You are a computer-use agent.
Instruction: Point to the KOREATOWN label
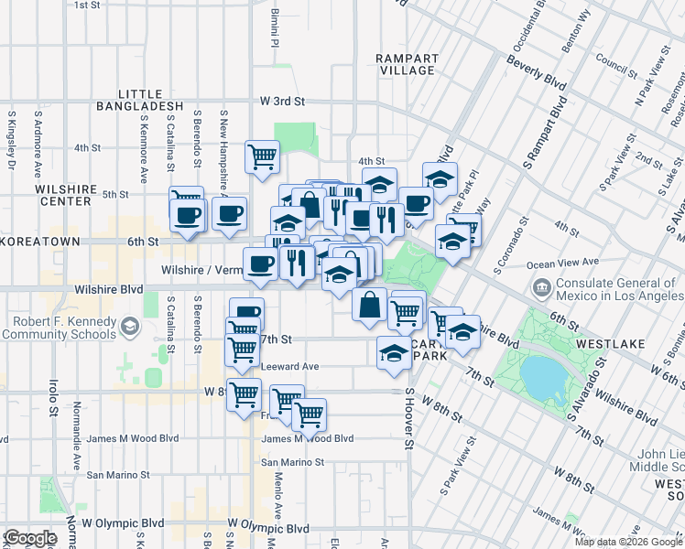click(x=29, y=242)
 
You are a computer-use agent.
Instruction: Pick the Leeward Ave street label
click(x=289, y=366)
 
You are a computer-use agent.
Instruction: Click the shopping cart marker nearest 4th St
click(x=263, y=156)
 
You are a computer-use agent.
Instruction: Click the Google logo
click(x=30, y=538)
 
